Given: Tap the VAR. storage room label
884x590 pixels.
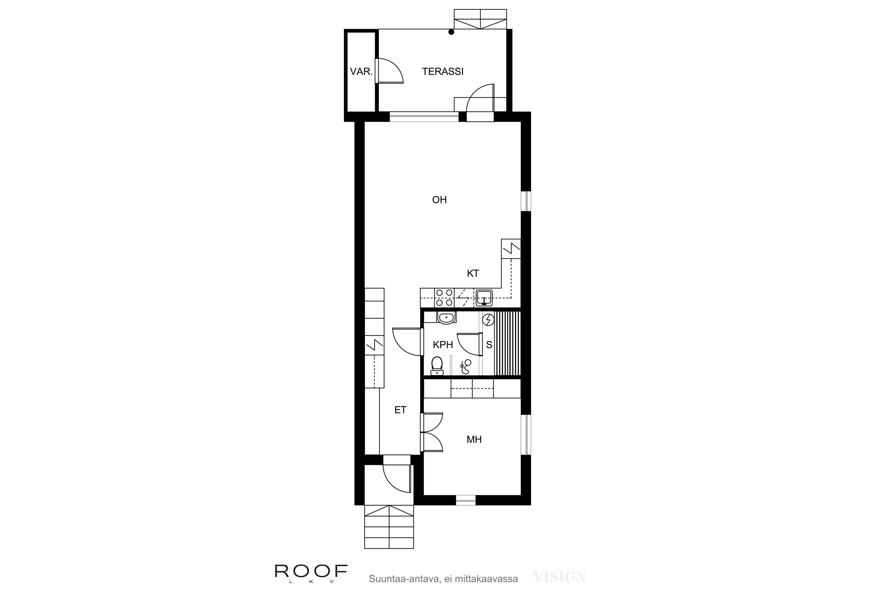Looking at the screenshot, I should click(x=361, y=71).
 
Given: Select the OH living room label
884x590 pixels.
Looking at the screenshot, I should click(x=439, y=200).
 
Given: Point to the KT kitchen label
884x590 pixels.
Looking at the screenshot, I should click(x=473, y=273).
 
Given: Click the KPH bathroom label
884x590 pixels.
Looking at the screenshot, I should click(x=443, y=345).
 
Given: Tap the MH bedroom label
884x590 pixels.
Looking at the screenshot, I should click(x=474, y=440).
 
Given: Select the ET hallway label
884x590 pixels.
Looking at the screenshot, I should click(x=400, y=410).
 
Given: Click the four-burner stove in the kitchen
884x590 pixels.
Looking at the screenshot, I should click(x=444, y=298).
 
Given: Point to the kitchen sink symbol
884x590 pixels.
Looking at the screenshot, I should click(x=484, y=298).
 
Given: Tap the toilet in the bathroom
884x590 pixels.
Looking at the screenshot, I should click(x=437, y=366).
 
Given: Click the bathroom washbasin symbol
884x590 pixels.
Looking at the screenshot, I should click(x=446, y=318).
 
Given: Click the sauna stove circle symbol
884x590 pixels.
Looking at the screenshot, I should click(x=488, y=319).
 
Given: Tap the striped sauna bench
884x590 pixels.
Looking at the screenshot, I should click(x=507, y=343).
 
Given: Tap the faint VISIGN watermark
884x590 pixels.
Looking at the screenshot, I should click(x=559, y=577).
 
